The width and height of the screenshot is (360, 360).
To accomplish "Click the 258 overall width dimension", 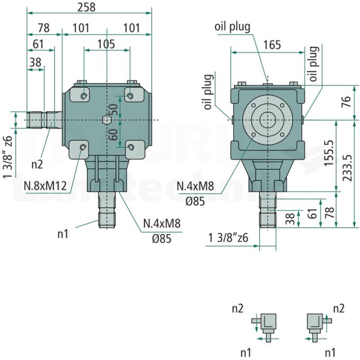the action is pos(86,7).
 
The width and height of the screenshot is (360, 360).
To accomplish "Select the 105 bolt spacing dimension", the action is pos(106,44).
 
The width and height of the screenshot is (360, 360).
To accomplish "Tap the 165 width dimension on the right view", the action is pos(272,45).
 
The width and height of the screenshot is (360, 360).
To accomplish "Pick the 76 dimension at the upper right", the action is pos(347,102).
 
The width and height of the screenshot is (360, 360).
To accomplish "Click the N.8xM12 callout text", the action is pos(45,186).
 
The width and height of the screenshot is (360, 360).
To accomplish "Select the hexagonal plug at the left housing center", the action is pos(106,120).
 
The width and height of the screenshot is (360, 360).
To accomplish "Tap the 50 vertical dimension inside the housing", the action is pos(113,110).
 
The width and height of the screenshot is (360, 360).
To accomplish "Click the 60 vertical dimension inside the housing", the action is pos(113,134).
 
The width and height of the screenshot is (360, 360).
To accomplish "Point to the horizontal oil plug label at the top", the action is pos(232,27).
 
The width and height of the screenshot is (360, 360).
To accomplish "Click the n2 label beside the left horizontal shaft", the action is pos(37,165).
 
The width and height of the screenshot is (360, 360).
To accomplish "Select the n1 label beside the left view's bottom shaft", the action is pos(63,235).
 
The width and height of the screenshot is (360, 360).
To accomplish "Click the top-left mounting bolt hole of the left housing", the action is pos(84,96).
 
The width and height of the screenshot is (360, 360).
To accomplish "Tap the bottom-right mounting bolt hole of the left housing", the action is pos(131,147).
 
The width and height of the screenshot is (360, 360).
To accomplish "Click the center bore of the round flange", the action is pos(268,120).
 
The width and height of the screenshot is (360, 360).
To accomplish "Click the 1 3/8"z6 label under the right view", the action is pos(228,238).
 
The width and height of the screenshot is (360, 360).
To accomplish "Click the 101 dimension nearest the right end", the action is pos(132,28).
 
